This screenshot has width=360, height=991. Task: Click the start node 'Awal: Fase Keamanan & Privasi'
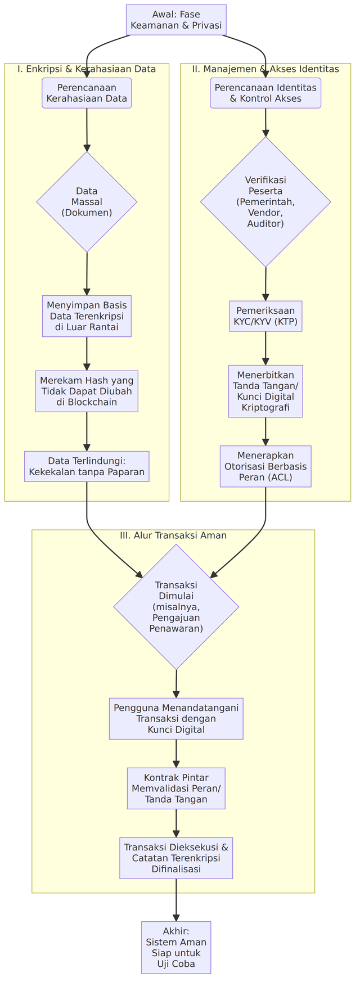pyautogui.click(x=176, y=20)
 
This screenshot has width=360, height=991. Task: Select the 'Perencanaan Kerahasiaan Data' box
pyautogui.click(x=87, y=93)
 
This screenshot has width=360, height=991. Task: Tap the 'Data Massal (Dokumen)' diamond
pyautogui.click(x=87, y=201)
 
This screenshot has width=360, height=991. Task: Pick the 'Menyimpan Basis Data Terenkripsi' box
pyautogui.click(x=87, y=316)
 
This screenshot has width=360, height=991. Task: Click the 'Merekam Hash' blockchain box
pyautogui.click(x=87, y=391)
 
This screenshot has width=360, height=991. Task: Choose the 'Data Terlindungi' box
pyautogui.click(x=87, y=466)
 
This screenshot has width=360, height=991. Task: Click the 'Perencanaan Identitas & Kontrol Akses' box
pyautogui.click(x=265, y=93)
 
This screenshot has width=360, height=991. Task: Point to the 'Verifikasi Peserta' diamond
pyautogui.click(x=265, y=201)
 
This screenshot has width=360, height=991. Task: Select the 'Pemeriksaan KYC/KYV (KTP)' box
pyautogui.click(x=265, y=317)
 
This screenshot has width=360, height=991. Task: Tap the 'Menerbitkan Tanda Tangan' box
pyautogui.click(x=265, y=391)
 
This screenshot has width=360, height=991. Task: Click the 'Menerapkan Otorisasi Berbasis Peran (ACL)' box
pyautogui.click(x=265, y=466)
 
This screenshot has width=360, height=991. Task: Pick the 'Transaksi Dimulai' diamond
pyautogui.click(x=176, y=606)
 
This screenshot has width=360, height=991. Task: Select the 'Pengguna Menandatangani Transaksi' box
pyautogui.click(x=176, y=718)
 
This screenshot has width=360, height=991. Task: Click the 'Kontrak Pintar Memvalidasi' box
pyautogui.click(x=176, y=788)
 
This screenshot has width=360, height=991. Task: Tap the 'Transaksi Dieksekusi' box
pyautogui.click(x=176, y=858)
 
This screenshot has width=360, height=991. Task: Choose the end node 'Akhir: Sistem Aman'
pyautogui.click(x=176, y=947)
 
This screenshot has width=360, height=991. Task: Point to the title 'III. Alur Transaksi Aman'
pyautogui.click(x=173, y=535)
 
